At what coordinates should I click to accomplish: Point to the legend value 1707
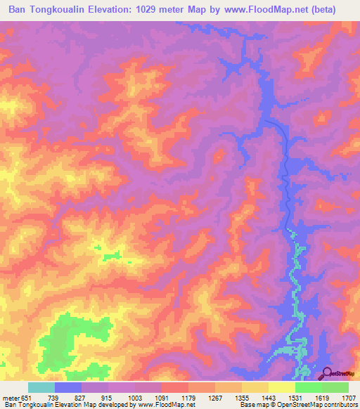(349, 398)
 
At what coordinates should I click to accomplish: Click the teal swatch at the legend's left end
(41, 387)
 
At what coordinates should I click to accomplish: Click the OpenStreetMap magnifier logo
(327, 373)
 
